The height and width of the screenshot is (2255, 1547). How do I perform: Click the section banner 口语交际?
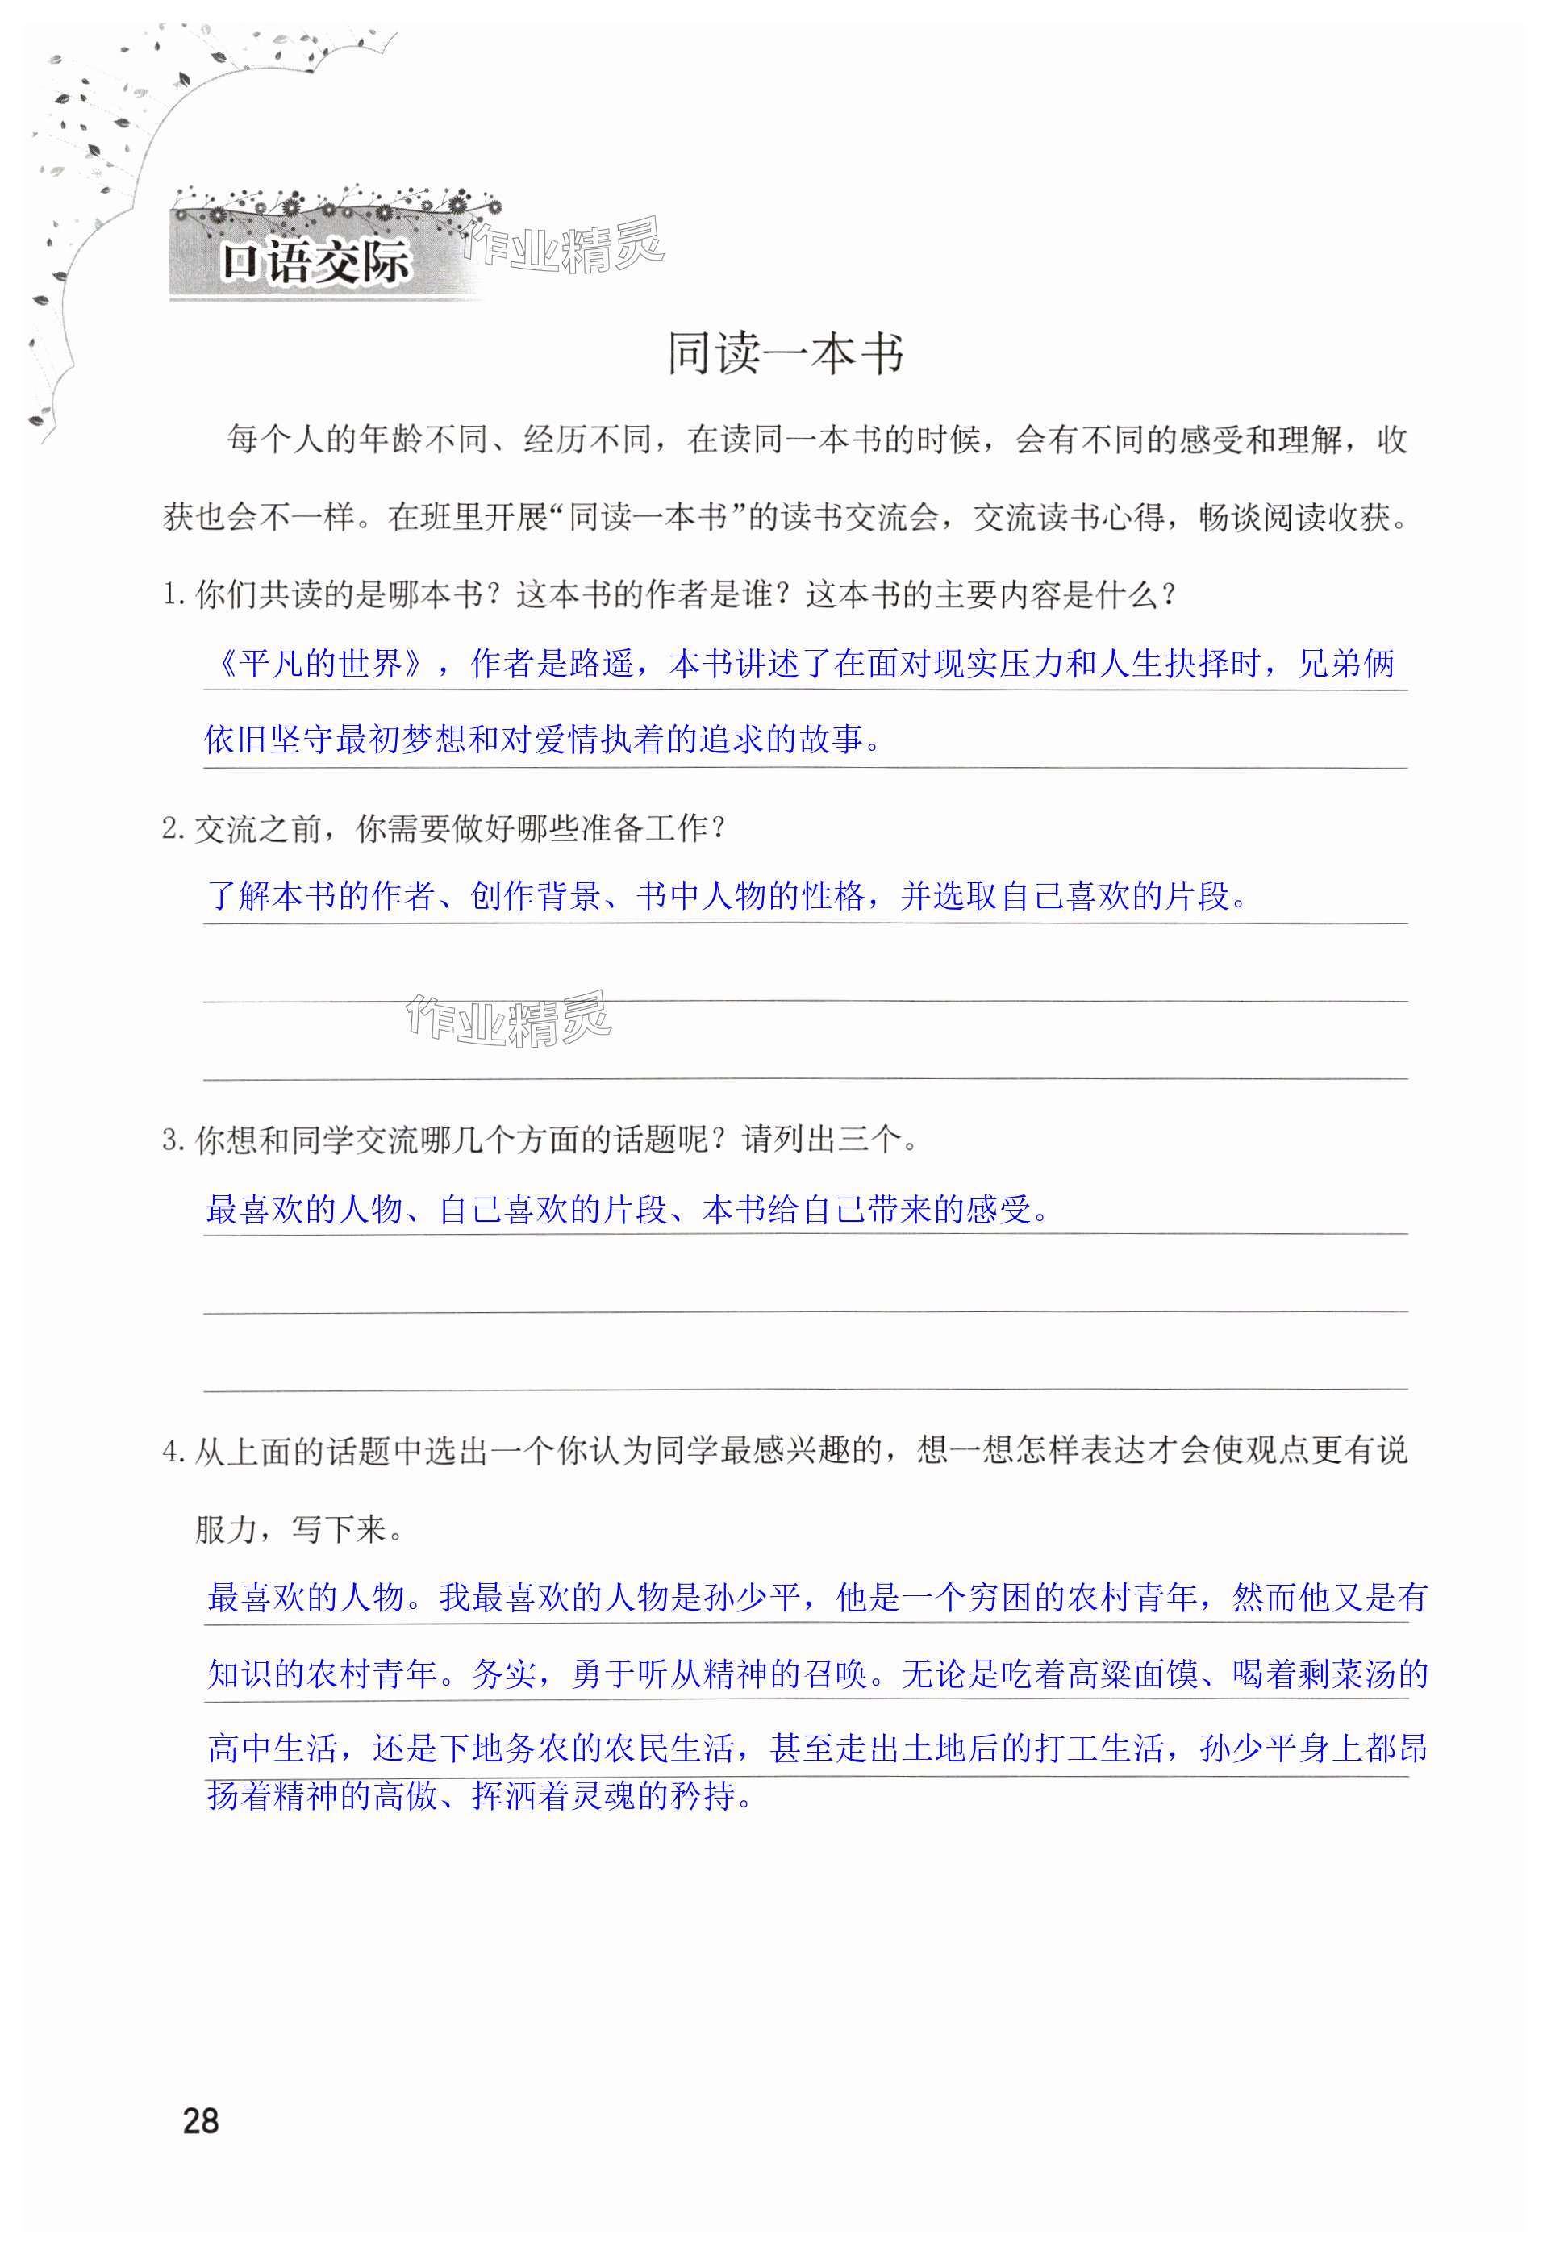click(315, 262)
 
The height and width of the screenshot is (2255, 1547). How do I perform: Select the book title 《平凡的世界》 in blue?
click(319, 664)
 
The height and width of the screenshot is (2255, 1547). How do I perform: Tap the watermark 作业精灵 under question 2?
click(509, 1019)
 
